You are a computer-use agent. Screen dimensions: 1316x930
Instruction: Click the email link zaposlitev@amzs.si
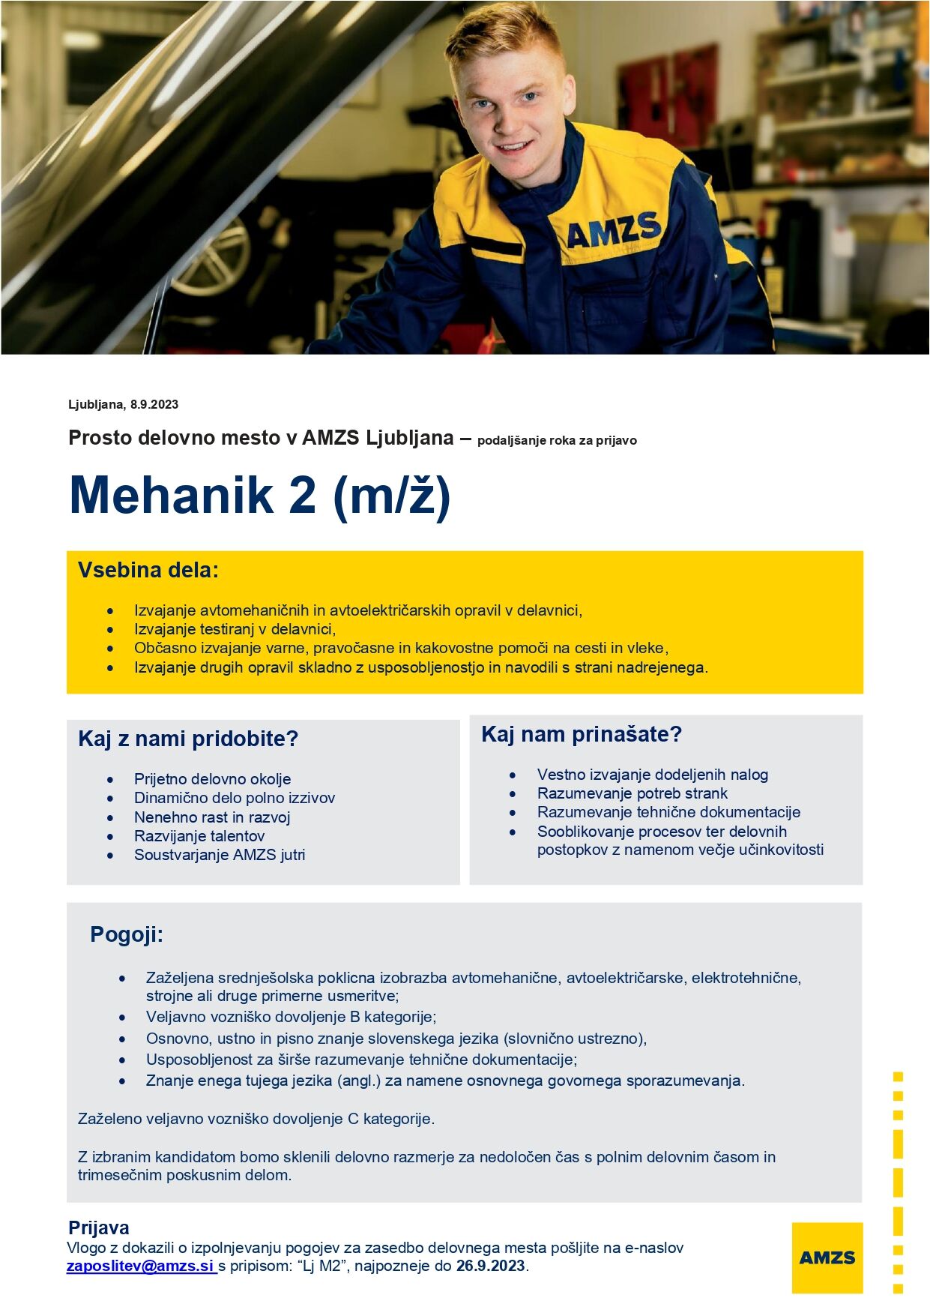[x=140, y=1267]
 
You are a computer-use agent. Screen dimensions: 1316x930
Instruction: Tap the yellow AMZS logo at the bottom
[x=827, y=1258]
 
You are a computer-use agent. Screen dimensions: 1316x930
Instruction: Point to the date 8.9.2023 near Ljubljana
[x=154, y=405]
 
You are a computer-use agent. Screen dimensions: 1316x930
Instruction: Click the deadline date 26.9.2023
[x=490, y=1267]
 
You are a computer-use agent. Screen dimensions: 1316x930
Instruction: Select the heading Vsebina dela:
[x=148, y=571]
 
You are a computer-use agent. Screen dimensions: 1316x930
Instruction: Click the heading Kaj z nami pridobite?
[x=188, y=739]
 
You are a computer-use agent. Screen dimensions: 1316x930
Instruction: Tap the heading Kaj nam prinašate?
[x=582, y=735]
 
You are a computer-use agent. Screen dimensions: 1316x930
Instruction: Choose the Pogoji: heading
[x=127, y=935]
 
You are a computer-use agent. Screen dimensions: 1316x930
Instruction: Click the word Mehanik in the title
[x=172, y=496]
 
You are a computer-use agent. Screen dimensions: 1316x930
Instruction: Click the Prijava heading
[x=99, y=1228]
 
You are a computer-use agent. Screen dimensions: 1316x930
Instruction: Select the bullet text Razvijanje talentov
[x=199, y=836]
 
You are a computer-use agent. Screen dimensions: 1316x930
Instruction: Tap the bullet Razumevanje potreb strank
[x=632, y=793]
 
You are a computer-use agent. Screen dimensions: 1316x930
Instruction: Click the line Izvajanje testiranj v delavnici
[x=235, y=629]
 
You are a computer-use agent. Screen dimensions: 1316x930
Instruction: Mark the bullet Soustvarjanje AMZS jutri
[x=220, y=855]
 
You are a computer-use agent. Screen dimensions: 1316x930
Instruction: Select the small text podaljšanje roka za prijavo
[x=557, y=441]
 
